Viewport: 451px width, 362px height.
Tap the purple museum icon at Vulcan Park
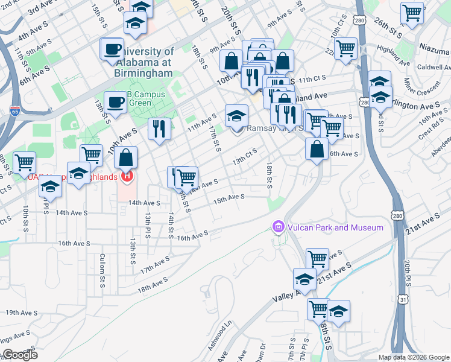pos(278,227)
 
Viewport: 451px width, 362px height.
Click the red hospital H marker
pos(127,176)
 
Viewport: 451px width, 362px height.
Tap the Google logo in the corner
pos(19,355)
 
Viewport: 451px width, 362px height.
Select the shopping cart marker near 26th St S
pos(412,13)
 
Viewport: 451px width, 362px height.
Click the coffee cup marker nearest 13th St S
pos(115,103)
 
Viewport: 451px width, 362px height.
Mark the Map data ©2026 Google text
pos(413,357)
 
